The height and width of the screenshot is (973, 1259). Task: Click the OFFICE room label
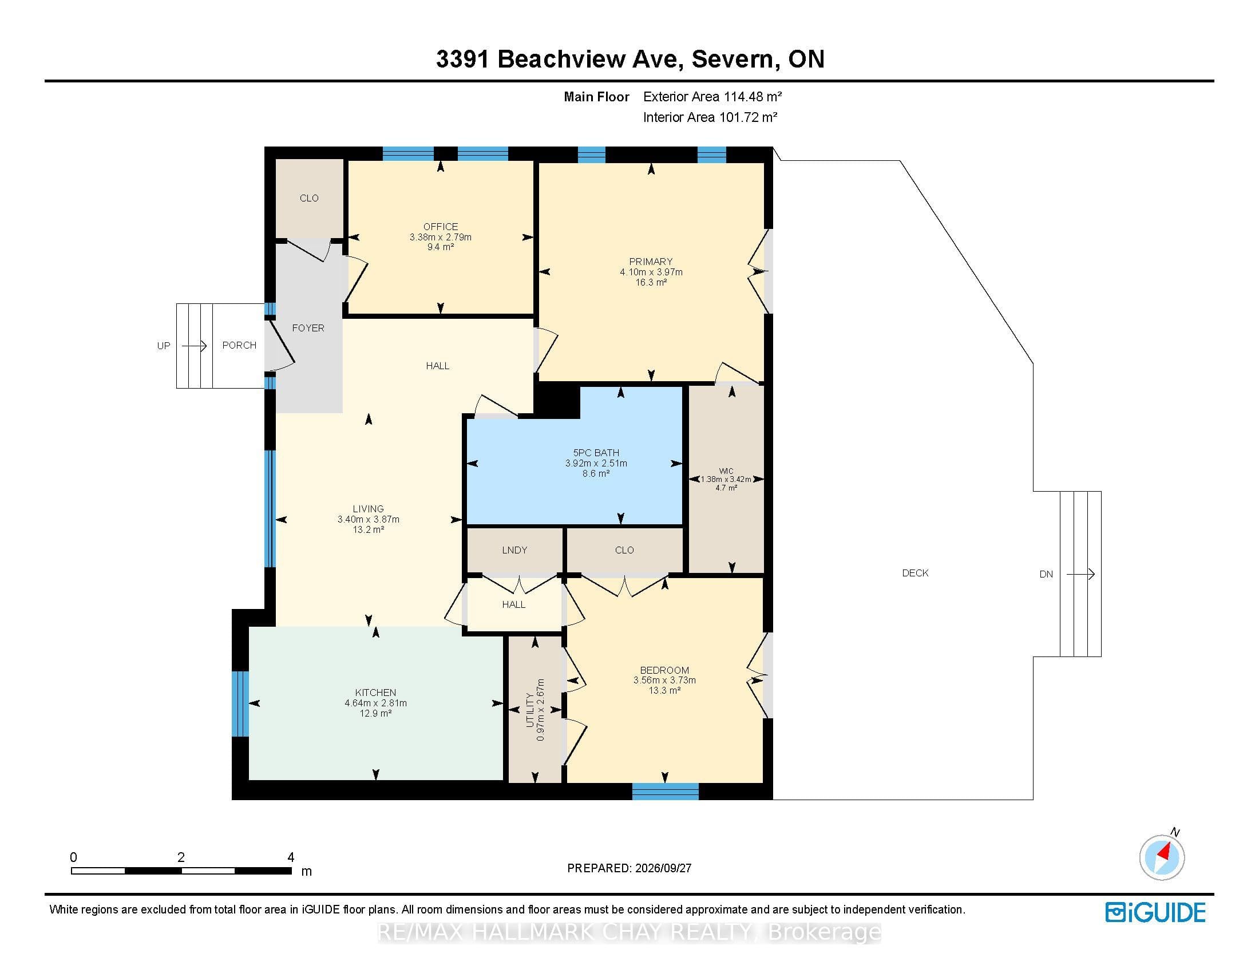(441, 227)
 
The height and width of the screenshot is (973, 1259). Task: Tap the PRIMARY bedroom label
(651, 262)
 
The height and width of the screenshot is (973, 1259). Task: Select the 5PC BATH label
(596, 453)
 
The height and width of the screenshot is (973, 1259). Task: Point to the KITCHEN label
(375, 693)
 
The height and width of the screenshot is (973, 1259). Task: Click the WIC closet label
(726, 471)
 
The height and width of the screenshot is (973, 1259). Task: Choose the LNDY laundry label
(514, 550)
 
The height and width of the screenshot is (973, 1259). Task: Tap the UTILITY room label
(530, 710)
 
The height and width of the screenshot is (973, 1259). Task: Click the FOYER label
(308, 328)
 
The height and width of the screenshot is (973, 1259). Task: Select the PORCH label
(239, 345)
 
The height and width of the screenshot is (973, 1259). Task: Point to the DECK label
(916, 573)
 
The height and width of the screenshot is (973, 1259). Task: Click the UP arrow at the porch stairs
(194, 346)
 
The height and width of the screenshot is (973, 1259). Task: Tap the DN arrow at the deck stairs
(1080, 574)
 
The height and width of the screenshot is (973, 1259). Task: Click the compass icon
(1162, 857)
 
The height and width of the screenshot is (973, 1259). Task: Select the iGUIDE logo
(1155, 912)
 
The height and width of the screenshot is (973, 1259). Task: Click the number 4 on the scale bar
(291, 857)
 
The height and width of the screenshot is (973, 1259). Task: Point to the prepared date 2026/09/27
(662, 868)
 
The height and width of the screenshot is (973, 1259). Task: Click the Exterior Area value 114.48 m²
(749, 97)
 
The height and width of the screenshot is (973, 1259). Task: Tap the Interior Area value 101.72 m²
(749, 117)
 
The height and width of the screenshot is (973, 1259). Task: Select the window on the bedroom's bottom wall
(665, 792)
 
